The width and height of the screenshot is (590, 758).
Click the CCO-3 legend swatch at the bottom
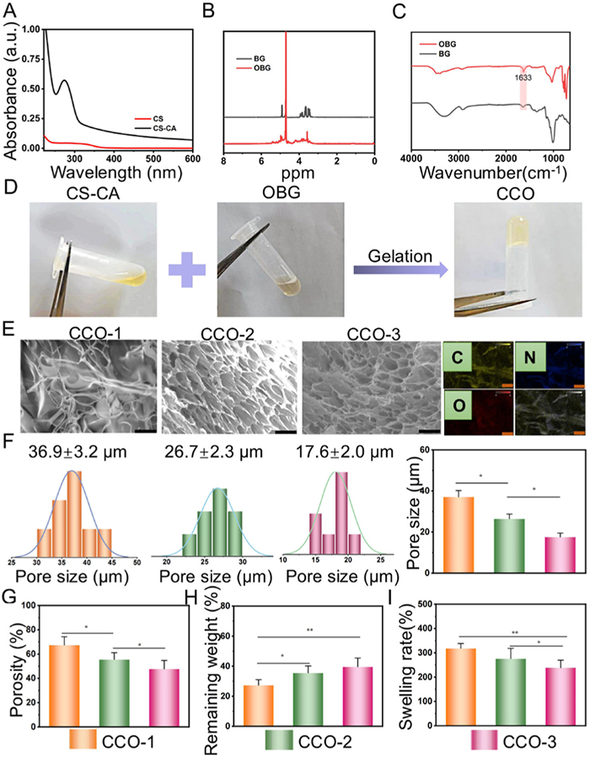coord(487,740)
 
